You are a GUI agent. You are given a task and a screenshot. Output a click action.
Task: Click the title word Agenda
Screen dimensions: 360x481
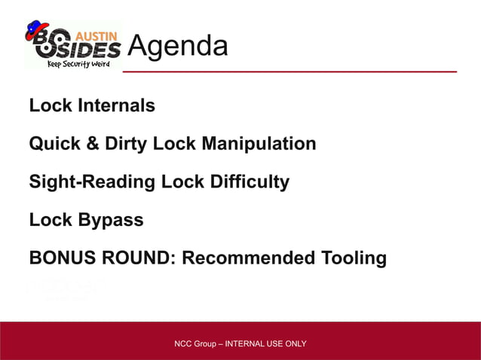point(177,47)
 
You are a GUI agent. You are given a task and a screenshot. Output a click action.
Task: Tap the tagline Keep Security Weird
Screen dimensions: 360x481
point(78,64)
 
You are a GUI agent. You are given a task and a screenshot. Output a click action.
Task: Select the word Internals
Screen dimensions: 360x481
point(116,105)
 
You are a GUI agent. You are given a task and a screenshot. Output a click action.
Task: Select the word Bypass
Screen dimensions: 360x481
point(110,221)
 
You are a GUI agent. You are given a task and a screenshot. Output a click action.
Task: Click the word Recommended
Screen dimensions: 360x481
point(249,259)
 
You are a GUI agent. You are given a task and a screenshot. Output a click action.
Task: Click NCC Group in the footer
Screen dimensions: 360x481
point(194,344)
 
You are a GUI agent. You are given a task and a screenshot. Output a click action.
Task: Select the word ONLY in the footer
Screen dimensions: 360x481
point(294,344)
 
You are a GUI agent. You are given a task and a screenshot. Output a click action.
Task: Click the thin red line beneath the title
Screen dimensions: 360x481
point(290,72)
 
